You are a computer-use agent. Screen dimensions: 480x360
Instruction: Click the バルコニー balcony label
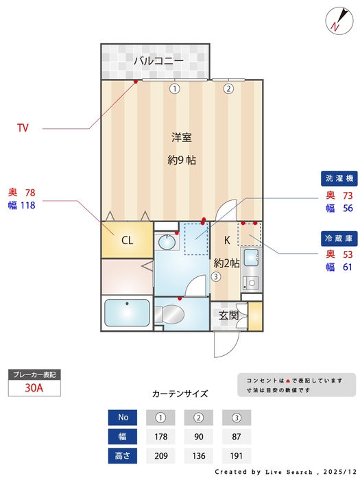point(158,61)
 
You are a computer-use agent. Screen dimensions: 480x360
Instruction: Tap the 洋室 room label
point(182,137)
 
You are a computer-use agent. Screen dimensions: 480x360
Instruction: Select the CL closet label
point(127,240)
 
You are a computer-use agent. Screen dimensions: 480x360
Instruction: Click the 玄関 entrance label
point(228,315)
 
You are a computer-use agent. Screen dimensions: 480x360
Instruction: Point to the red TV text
point(23,128)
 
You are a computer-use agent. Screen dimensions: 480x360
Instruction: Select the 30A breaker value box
point(34,387)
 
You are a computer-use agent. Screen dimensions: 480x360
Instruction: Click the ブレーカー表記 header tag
point(34,374)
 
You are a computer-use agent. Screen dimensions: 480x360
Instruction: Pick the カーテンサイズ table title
point(180,394)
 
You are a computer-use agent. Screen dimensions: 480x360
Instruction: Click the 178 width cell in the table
point(161,436)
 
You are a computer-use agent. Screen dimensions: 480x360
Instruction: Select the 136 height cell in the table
point(199,455)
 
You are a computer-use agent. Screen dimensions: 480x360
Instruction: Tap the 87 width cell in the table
point(237,436)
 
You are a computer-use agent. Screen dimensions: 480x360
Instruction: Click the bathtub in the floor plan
point(127,314)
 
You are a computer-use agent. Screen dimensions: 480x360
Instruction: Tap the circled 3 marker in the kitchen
point(215,277)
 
